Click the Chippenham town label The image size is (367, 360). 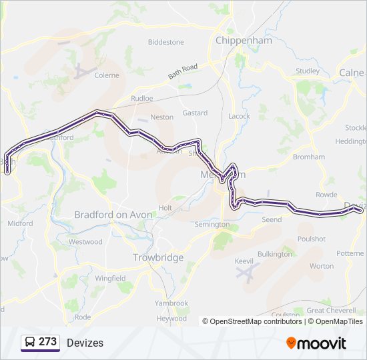(244, 41)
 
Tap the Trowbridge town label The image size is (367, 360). (158, 257)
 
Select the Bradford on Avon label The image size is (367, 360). (113, 215)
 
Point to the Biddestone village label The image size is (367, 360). (165, 42)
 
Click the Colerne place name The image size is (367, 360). (107, 75)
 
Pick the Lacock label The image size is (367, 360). (239, 116)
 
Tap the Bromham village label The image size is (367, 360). (308, 157)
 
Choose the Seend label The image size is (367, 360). (272, 219)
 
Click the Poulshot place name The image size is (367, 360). (311, 239)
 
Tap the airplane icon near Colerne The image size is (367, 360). (81, 70)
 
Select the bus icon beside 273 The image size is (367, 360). (31, 342)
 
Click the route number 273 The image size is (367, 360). (47, 342)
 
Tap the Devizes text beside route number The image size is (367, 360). (85, 343)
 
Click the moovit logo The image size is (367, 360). (316, 343)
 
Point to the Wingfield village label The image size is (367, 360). (110, 278)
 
